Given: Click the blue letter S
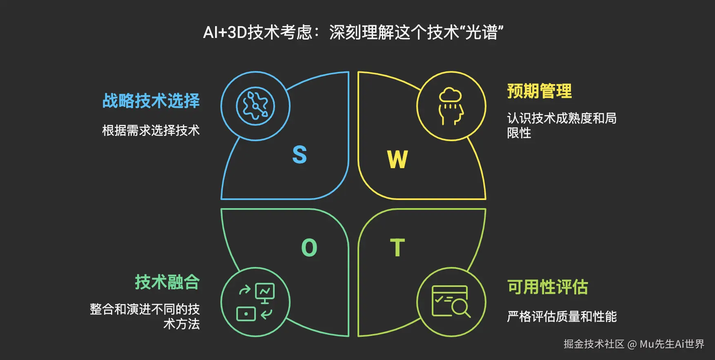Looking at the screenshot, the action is pos(300,155).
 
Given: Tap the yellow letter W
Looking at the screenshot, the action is pos(397,159).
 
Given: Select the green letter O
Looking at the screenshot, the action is pos(309,247).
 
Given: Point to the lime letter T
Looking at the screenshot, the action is pos(397,247).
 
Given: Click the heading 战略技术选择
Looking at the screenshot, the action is pos(151,101).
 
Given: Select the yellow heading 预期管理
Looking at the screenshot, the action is pos(539,91).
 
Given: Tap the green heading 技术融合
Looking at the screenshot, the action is pos(167,282).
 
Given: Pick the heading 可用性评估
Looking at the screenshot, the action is pos(547,287).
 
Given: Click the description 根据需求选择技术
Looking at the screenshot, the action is pos(151,130).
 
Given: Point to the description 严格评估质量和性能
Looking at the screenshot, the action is pos(562,316).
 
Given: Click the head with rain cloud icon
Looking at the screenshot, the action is pos(451,106).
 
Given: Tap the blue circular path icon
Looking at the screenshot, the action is pos(255,106).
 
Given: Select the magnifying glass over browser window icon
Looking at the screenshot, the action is pos(451,302).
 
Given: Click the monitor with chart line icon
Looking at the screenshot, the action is pos(265,293).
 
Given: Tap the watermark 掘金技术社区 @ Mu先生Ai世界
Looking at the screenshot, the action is pos(634,344).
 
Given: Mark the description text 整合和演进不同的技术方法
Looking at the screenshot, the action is pos(145,316).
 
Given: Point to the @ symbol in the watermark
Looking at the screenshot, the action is pos(632,344).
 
